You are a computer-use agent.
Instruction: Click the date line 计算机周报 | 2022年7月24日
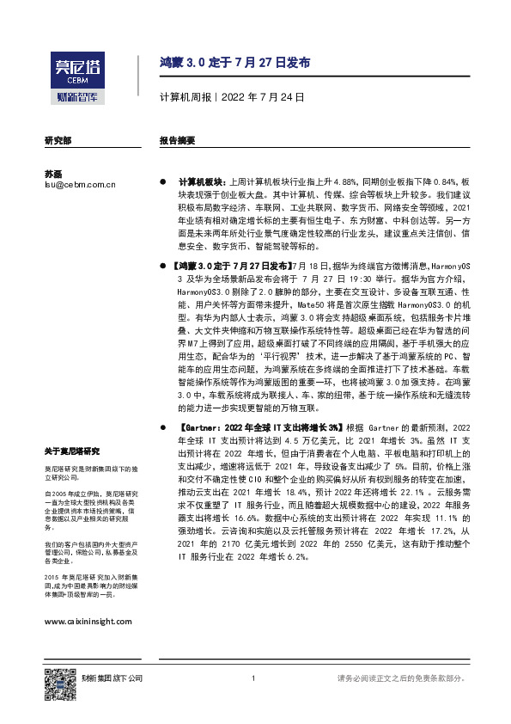click(x=232, y=97)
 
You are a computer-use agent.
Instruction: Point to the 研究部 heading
click(x=58, y=139)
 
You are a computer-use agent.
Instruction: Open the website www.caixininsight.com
click(x=88, y=621)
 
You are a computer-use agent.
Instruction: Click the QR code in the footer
click(x=56, y=679)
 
